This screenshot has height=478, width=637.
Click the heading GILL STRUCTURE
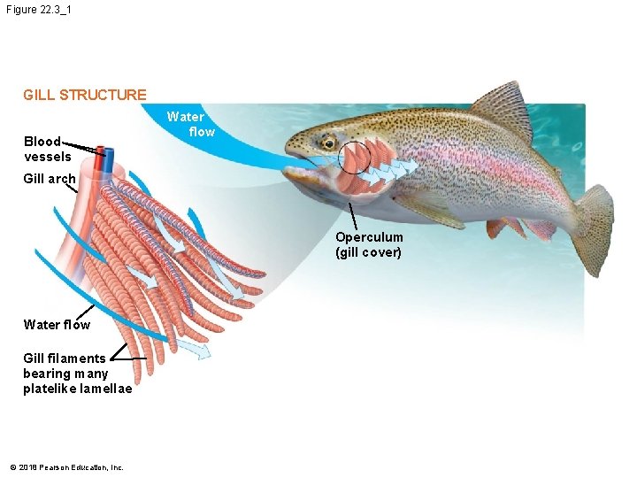(x=85, y=95)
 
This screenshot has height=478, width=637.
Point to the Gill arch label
(x=50, y=179)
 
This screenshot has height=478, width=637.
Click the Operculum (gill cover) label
(x=369, y=245)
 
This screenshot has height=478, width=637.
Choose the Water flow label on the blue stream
(x=191, y=124)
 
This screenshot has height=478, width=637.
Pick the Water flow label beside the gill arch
(x=57, y=325)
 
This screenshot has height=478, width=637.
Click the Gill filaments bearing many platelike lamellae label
(x=77, y=374)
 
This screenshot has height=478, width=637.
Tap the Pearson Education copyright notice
(x=66, y=467)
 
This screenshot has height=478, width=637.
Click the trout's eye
(x=328, y=142)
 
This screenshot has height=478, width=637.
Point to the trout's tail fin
(x=595, y=228)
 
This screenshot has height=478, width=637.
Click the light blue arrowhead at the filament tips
(x=202, y=353)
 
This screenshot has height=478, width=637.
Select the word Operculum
(x=369, y=237)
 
